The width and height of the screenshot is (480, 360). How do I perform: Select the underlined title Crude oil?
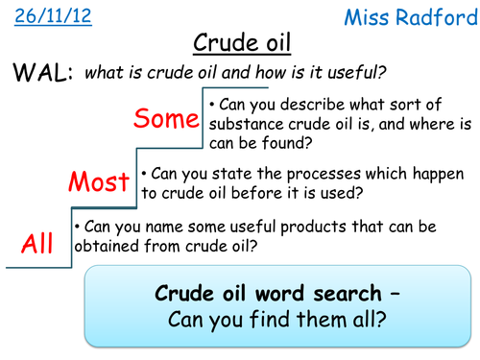(x=239, y=44)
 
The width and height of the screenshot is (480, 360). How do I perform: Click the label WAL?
(x=40, y=74)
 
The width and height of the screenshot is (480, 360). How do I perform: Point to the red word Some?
(x=166, y=120)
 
